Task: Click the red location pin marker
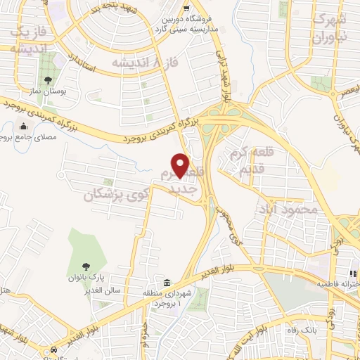[x=181, y=165]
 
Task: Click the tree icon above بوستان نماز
[x=47, y=79]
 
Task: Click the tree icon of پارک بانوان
[x=86, y=266]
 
